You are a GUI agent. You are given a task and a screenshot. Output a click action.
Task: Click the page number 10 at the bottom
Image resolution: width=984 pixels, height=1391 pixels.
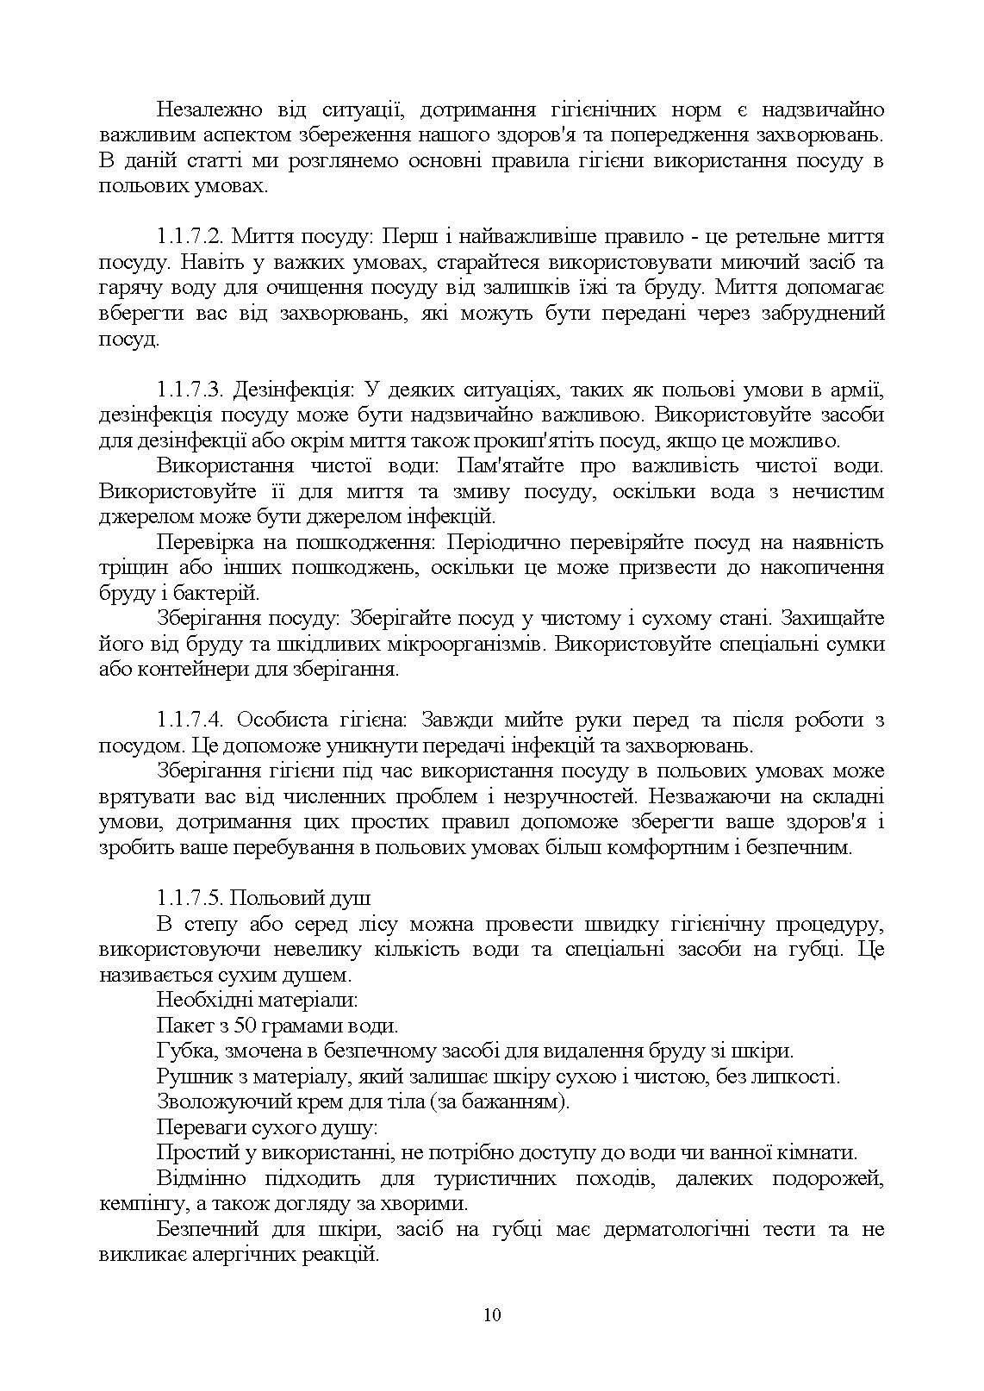pyautogui.click(x=492, y=1314)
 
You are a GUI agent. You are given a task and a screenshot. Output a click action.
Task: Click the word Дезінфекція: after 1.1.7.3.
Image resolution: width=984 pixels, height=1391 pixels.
pyautogui.click(x=294, y=390)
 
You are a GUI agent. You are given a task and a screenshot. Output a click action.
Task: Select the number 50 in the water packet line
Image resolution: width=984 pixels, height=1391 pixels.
pyautogui.click(x=247, y=1026)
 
